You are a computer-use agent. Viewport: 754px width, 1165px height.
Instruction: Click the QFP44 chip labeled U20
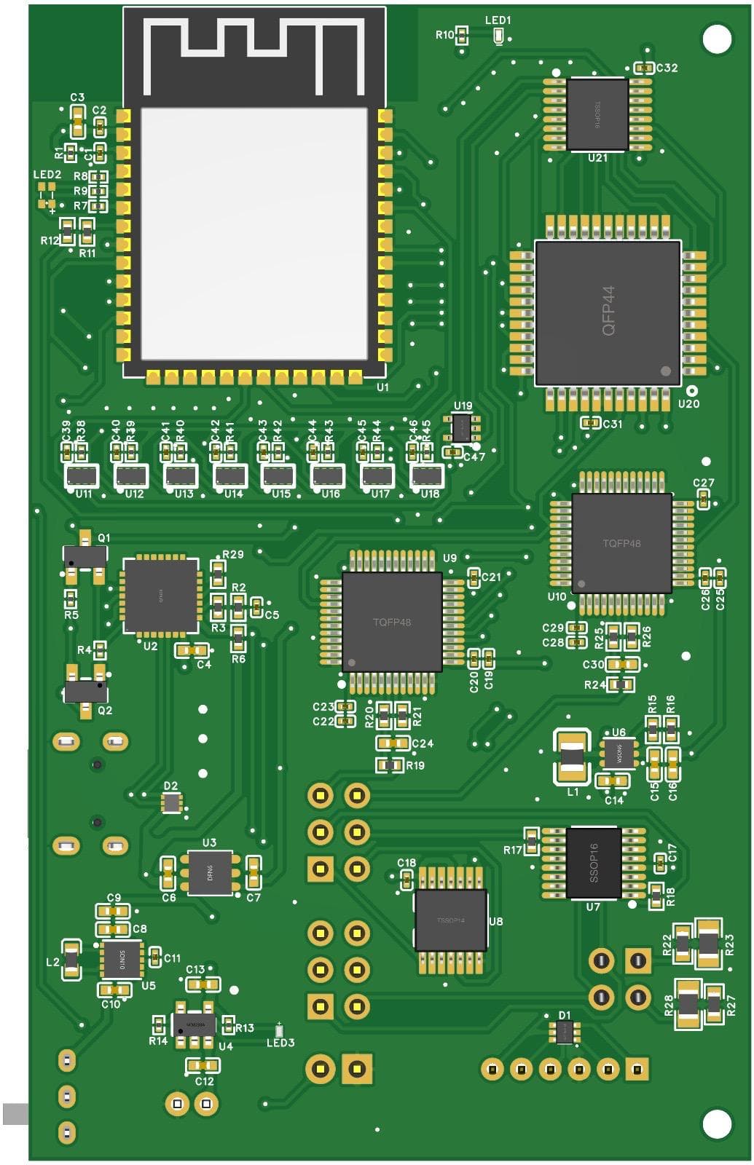(608, 313)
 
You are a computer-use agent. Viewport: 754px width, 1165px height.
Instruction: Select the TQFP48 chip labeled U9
(392, 622)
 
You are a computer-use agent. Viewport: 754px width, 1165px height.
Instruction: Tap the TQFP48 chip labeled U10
(621, 543)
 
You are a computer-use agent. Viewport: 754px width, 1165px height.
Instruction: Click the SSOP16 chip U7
(593, 863)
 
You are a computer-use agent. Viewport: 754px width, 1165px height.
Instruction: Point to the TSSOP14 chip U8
(450, 920)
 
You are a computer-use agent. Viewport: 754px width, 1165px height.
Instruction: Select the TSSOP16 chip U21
(597, 115)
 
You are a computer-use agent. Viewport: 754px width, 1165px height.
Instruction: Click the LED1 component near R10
(498, 36)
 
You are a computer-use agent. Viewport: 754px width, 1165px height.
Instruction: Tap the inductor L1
(573, 757)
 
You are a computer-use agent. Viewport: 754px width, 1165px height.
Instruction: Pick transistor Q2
(85, 690)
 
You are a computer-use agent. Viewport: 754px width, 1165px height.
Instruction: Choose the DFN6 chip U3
(210, 872)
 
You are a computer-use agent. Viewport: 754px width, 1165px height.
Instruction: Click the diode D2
(171, 803)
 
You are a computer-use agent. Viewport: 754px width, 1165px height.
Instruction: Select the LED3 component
(279, 1030)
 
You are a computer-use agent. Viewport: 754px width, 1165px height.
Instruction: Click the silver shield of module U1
(254, 233)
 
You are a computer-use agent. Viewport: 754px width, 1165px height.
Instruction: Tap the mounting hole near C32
(716, 39)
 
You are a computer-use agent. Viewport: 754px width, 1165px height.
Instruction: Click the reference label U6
(618, 732)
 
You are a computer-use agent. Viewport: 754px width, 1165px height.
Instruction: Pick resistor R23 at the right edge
(707, 944)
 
